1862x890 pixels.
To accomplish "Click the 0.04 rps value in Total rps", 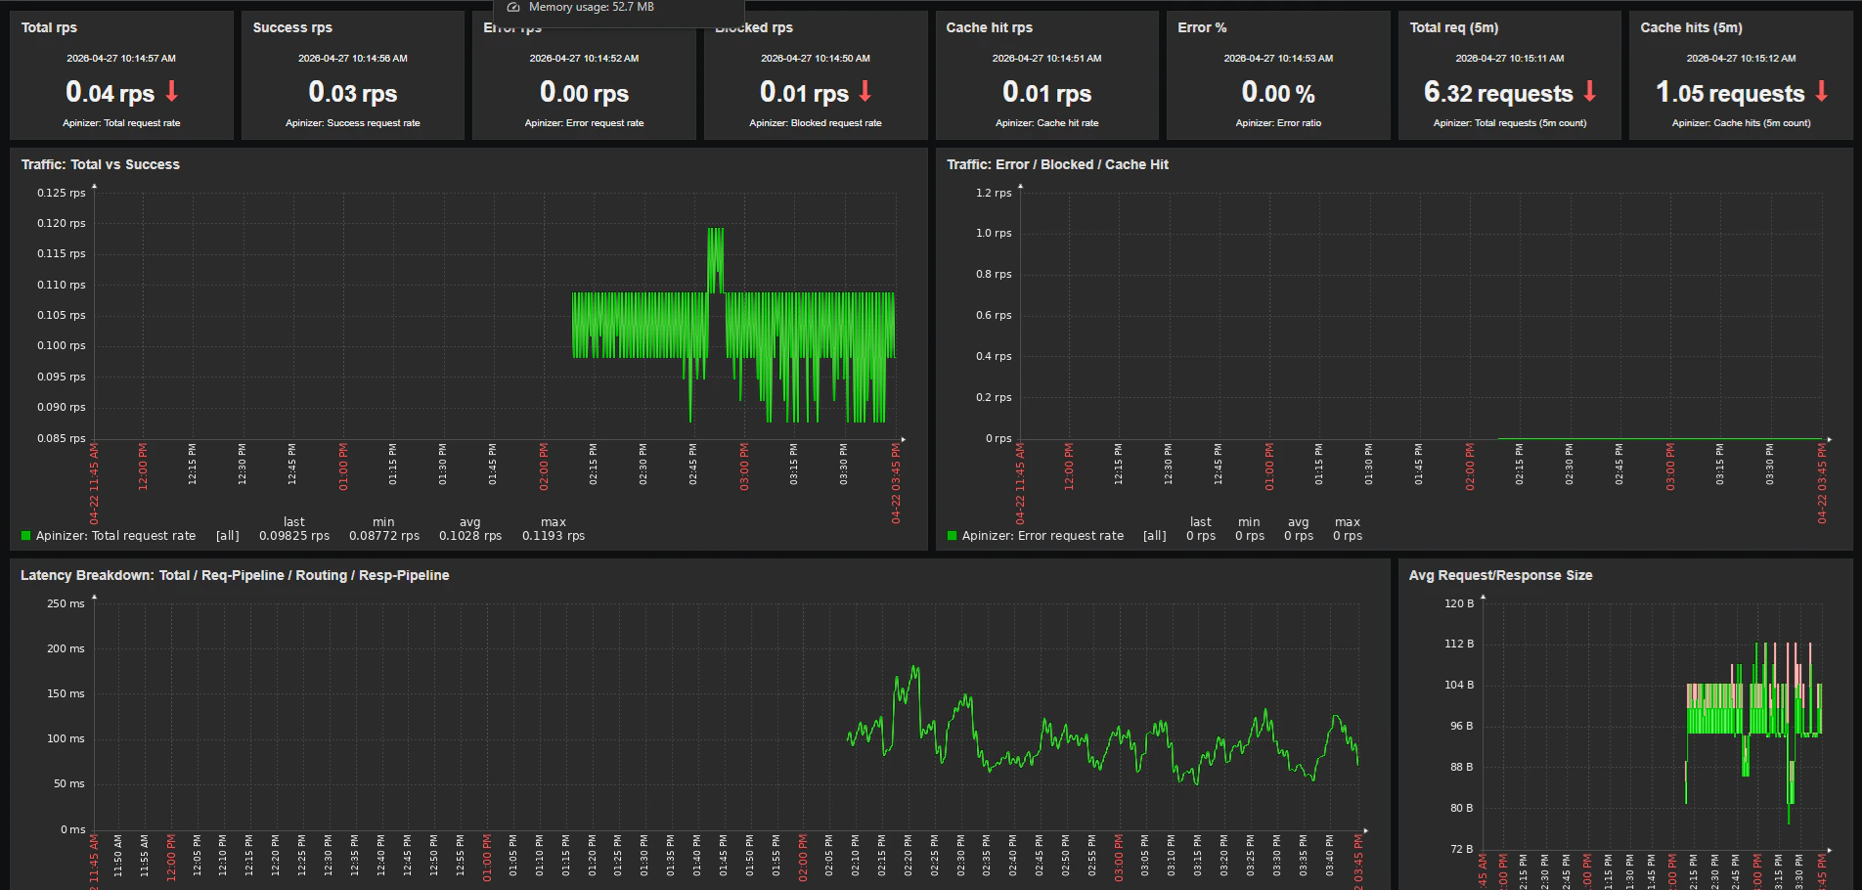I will tap(110, 93).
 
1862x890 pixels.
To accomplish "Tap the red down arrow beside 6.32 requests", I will tap(1589, 91).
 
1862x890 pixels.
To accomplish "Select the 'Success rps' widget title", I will tap(292, 27).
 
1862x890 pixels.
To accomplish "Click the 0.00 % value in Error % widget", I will tap(1277, 93).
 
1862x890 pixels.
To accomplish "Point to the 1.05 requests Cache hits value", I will tap(1729, 93).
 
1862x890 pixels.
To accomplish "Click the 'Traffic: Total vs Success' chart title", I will tap(101, 164).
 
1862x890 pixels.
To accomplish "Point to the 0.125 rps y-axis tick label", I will tap(62, 193).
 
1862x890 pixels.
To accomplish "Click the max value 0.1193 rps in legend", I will tap(553, 536).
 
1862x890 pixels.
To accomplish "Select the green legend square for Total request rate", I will tap(26, 536).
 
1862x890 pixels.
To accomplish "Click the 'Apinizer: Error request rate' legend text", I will tap(1042, 536).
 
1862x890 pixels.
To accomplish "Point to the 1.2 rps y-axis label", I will tap(994, 193).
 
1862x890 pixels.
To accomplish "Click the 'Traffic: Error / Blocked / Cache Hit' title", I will tap(1057, 164).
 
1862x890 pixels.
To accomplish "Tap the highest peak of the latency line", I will tap(915, 668).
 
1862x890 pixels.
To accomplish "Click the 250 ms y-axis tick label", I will tap(66, 603).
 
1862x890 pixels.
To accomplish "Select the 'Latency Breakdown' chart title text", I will tap(235, 575).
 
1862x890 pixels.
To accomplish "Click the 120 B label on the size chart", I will tap(1458, 603).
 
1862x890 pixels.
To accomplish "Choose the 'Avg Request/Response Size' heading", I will tap(1500, 575).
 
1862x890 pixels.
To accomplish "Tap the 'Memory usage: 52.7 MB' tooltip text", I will tap(591, 7).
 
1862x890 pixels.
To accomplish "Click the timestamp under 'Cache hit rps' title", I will tap(1046, 59).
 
